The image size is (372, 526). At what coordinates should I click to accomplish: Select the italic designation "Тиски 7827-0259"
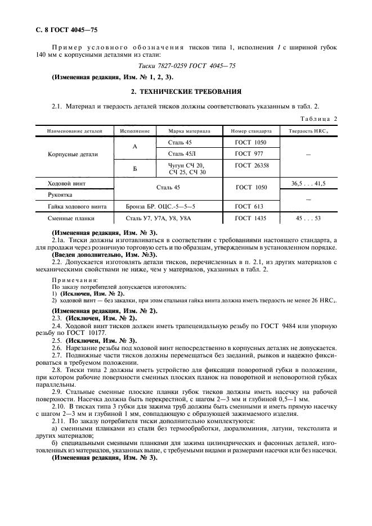tap(155, 66)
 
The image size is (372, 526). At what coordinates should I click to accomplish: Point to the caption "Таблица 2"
tap(317, 119)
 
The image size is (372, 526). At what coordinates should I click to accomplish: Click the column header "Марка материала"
tap(189, 130)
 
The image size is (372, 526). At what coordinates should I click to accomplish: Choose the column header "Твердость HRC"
tap(308, 130)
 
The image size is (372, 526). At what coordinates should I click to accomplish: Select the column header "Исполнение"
tap(135, 130)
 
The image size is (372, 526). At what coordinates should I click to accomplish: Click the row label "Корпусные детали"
tap(73, 153)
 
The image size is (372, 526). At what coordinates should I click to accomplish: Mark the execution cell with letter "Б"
tap(135, 168)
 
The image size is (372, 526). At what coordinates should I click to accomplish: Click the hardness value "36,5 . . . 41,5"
tap(308, 183)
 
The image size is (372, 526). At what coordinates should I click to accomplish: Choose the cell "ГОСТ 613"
tap(248, 206)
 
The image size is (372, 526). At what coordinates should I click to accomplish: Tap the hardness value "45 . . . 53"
tap(308, 218)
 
